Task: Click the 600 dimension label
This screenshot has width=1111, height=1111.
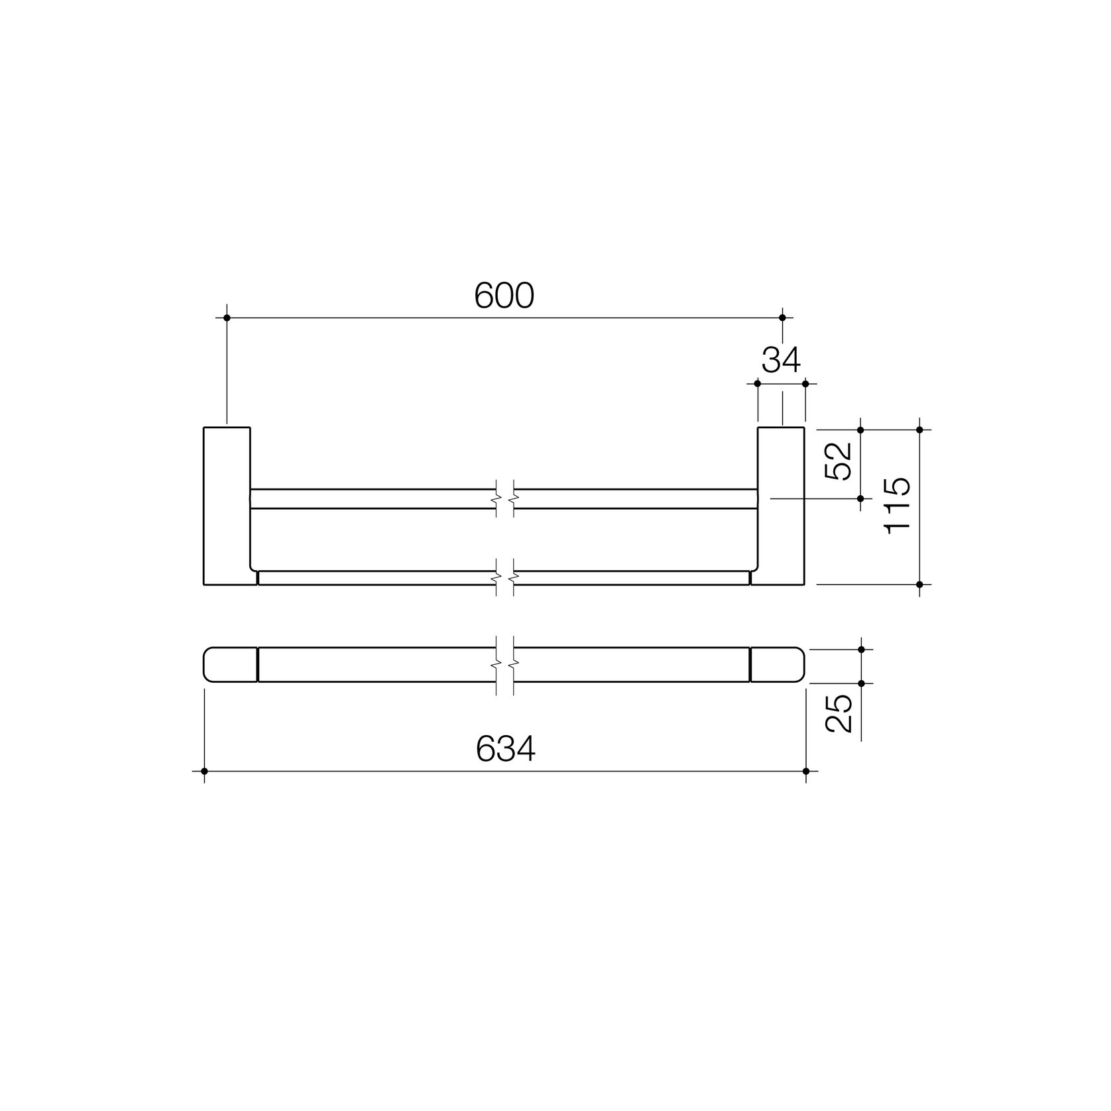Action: (504, 296)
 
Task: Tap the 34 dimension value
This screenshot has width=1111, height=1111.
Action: (781, 360)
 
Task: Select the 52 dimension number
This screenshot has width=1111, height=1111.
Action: (838, 461)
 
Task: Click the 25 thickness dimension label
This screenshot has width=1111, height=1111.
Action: (838, 713)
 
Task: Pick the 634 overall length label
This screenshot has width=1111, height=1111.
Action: (505, 749)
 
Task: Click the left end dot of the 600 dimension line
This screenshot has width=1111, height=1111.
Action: (227, 318)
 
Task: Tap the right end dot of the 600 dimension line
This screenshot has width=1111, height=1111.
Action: (782, 318)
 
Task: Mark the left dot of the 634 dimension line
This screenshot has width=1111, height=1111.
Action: (204, 771)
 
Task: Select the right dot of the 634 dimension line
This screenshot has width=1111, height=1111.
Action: (806, 771)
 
